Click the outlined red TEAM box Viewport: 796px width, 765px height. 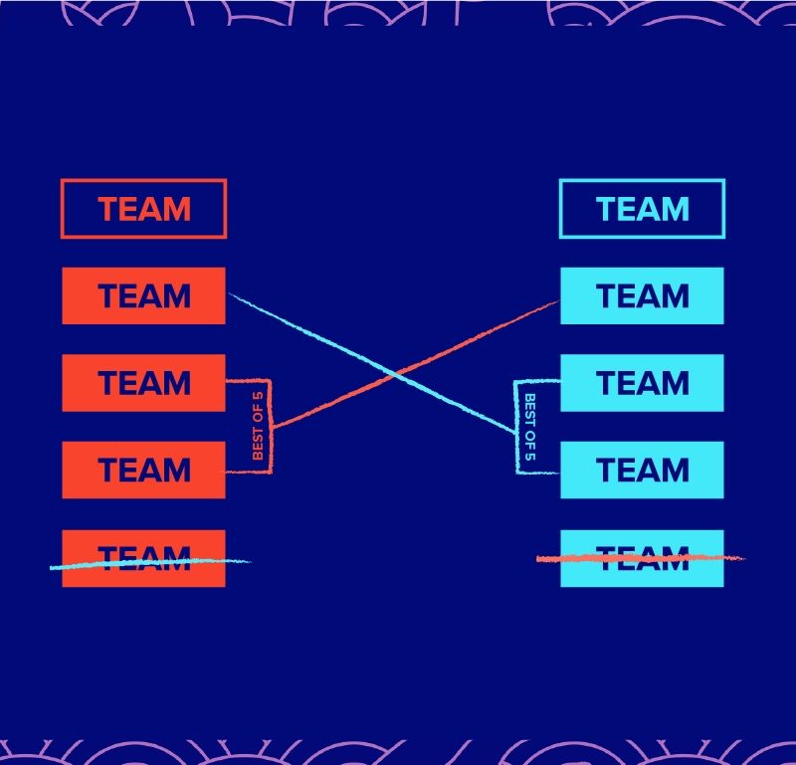point(143,209)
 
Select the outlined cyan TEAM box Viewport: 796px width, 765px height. point(642,209)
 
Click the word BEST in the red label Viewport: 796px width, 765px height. point(258,409)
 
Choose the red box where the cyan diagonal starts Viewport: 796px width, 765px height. point(143,295)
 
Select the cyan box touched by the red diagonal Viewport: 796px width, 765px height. point(642,295)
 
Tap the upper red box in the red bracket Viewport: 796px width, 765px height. point(143,383)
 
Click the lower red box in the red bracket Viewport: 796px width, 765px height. point(143,470)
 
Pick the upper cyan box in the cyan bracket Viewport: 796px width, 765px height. point(642,383)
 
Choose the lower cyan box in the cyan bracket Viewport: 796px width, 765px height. point(642,470)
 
